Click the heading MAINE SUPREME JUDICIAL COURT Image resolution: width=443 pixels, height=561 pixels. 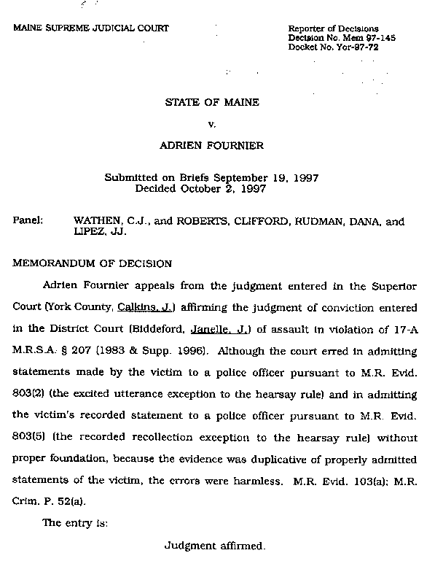pyautogui.click(x=91, y=28)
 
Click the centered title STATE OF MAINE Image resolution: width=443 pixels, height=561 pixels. pyautogui.click(x=212, y=102)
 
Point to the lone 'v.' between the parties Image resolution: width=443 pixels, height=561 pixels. pyautogui.click(x=212, y=124)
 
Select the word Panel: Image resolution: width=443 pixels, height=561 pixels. pyautogui.click(x=28, y=220)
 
